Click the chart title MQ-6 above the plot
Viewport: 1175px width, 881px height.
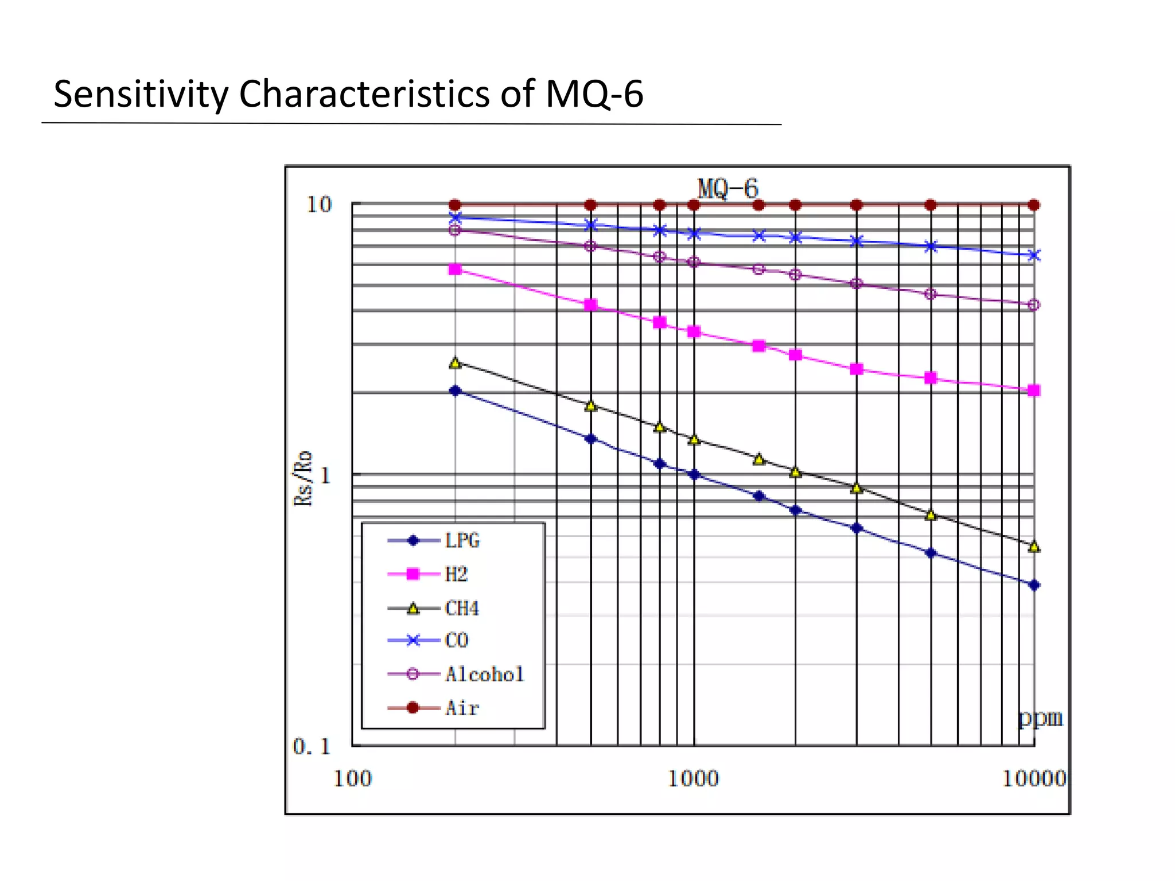pyautogui.click(x=727, y=189)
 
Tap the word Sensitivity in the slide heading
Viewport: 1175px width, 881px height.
pyautogui.click(x=141, y=94)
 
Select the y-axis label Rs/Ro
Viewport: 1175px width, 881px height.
pyautogui.click(x=304, y=478)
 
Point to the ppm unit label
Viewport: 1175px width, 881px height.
pyautogui.click(x=1040, y=718)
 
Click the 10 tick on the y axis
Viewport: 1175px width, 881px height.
pyautogui.click(x=319, y=205)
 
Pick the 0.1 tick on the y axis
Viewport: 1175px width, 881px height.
pyautogui.click(x=312, y=747)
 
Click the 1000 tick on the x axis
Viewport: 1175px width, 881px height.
pyautogui.click(x=693, y=779)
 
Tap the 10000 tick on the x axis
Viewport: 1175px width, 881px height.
pyautogui.click(x=1034, y=779)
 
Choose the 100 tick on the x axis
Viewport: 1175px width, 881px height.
pyautogui.click(x=352, y=779)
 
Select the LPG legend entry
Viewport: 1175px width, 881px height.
pyautogui.click(x=462, y=540)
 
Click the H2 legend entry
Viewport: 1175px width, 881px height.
pyautogui.click(x=456, y=574)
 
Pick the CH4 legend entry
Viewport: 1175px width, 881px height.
pyautogui.click(x=461, y=608)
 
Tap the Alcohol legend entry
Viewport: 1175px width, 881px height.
pyautogui.click(x=484, y=675)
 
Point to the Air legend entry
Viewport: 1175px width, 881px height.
pyautogui.click(x=462, y=708)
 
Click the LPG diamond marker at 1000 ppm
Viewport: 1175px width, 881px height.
pyautogui.click(x=694, y=474)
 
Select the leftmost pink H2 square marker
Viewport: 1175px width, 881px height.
pyautogui.click(x=455, y=270)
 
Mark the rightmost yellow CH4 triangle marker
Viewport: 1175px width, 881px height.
pyautogui.click(x=1034, y=547)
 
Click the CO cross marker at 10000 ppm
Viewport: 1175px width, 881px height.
pyautogui.click(x=1034, y=255)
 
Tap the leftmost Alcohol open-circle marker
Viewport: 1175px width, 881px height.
pyautogui.click(x=455, y=230)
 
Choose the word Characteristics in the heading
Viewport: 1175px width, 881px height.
pyautogui.click(x=364, y=94)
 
